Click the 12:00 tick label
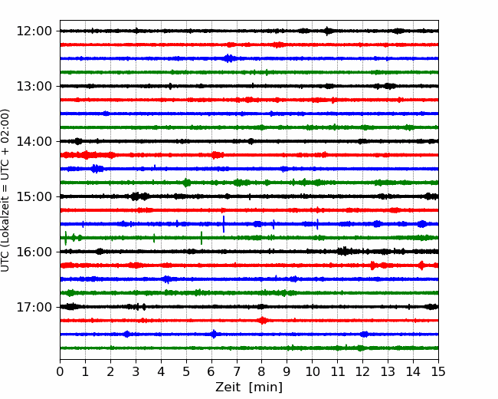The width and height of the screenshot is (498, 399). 34,31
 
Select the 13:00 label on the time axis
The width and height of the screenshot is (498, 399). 34,86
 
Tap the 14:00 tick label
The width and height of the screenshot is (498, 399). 34,141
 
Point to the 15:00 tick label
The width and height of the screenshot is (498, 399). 34,196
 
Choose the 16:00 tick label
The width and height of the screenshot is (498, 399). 34,252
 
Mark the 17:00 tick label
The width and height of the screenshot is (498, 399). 34,307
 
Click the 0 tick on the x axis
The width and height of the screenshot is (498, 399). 60,371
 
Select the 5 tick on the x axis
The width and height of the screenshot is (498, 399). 186,371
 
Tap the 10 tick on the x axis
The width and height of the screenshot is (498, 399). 312,371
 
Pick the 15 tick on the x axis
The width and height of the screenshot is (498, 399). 438,371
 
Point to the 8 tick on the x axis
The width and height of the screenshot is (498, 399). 262,371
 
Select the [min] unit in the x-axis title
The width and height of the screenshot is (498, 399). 266,387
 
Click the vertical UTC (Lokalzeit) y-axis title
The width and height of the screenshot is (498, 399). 5,190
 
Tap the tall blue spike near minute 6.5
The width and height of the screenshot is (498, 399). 224,224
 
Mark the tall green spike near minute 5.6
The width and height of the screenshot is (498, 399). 201,238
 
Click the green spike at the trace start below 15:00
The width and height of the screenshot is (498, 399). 65,238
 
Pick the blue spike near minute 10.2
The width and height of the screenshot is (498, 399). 317,224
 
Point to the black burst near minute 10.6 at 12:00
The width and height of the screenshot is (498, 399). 328,31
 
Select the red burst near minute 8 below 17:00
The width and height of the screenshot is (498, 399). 262,321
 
